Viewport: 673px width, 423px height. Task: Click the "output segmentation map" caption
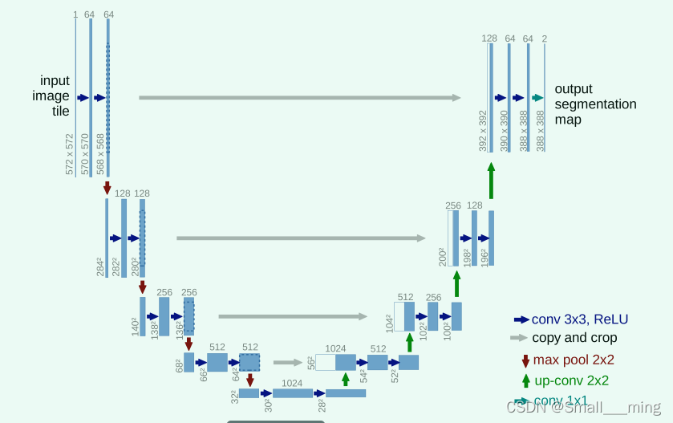coord(595,104)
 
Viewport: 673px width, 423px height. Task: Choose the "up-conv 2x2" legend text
coord(570,380)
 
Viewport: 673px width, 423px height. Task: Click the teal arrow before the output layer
coord(537,98)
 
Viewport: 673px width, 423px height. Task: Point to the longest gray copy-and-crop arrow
coord(300,98)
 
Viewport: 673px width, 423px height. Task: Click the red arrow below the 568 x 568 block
coord(107,188)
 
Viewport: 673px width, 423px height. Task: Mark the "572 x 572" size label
coord(70,154)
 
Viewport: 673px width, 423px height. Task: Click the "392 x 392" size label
coord(483,131)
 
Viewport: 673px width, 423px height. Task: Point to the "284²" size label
coord(101,266)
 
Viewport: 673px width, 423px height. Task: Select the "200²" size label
coord(442,257)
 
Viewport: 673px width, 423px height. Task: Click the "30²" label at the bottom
coord(269,405)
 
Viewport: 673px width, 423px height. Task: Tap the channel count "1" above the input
coord(75,14)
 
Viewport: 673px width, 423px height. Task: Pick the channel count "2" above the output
coord(545,39)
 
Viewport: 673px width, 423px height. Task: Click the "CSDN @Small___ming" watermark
coord(583,407)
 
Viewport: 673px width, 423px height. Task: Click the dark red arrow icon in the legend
coord(525,360)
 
